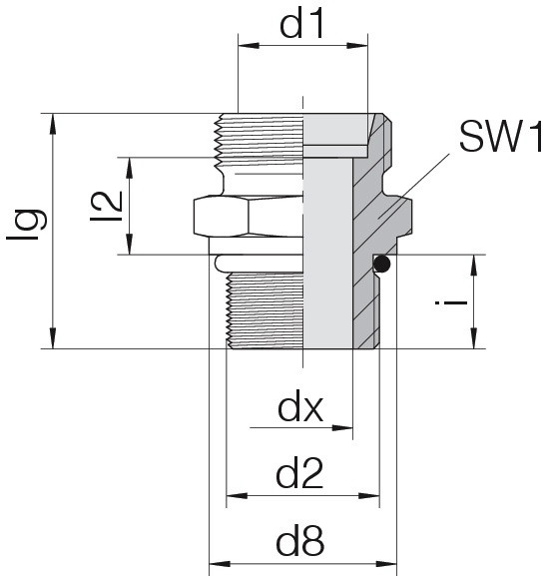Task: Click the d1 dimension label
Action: point(301,24)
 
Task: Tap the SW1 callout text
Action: point(501,137)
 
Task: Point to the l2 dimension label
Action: point(107,207)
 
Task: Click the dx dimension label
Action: point(300,409)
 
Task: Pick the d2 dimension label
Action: point(299,474)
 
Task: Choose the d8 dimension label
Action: point(300,542)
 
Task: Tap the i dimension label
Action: point(451,303)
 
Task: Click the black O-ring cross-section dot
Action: point(382,264)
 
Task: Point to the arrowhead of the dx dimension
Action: point(342,428)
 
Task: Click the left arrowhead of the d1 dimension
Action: point(249,46)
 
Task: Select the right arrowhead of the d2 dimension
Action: point(368,496)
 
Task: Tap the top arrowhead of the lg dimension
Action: point(53,124)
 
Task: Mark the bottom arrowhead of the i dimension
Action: point(474,337)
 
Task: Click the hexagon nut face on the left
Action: point(222,217)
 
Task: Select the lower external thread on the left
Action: point(265,310)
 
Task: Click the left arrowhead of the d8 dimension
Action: point(220,563)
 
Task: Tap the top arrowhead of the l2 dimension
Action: point(130,169)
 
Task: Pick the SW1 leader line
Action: point(414,187)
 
